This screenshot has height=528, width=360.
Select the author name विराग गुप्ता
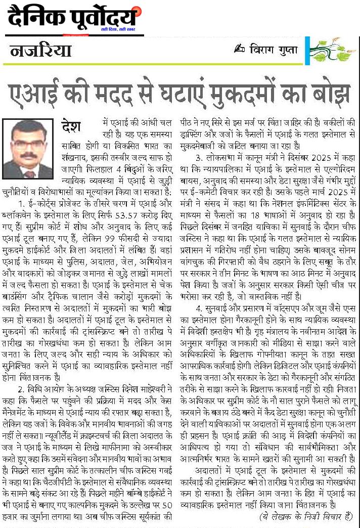[x=274, y=50]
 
